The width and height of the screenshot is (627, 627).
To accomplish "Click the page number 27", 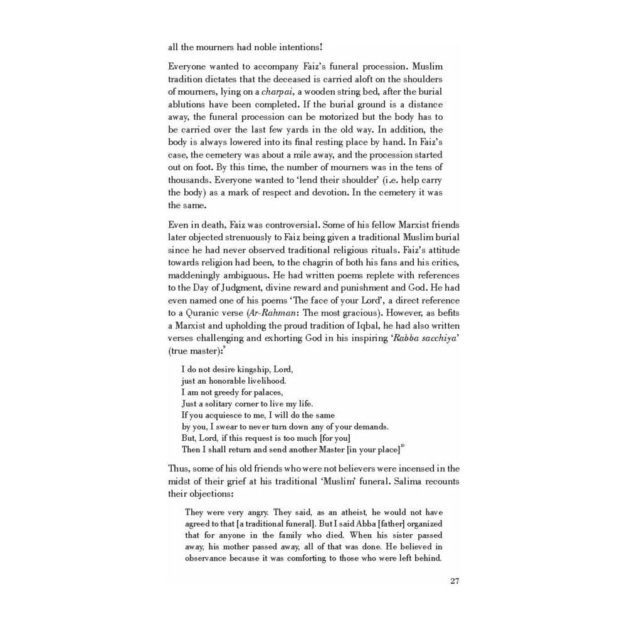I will pos(456,580).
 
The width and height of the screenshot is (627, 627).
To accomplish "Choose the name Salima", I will pos(389,481).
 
